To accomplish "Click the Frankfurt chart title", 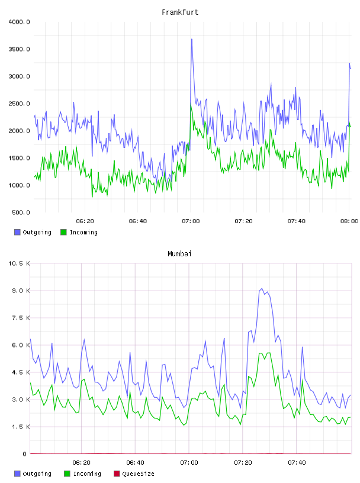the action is pos(180,12).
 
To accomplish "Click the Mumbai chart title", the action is pos(179,254).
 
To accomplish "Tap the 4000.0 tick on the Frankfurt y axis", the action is pos(19,22).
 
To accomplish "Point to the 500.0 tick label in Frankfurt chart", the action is pos(21,212).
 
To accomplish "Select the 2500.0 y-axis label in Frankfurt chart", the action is pos(19,104).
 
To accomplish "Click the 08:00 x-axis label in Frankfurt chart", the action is pos(349,221).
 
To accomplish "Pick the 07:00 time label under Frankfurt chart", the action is pos(191,221).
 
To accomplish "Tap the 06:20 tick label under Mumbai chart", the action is pos(81,463).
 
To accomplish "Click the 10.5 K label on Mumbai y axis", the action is pos(19,263).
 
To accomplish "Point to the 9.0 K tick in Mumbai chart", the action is pos(21,291).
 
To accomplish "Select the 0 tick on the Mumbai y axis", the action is pos(24,454).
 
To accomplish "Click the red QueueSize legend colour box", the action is pos(117,474).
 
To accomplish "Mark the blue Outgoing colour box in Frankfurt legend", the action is pos(17,232).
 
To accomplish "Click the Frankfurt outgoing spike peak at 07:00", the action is pos(192,40).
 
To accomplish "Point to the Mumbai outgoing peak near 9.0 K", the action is pos(262,289).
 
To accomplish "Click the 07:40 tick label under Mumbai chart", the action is pos(297,463).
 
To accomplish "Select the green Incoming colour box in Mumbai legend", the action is pos(67,474).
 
